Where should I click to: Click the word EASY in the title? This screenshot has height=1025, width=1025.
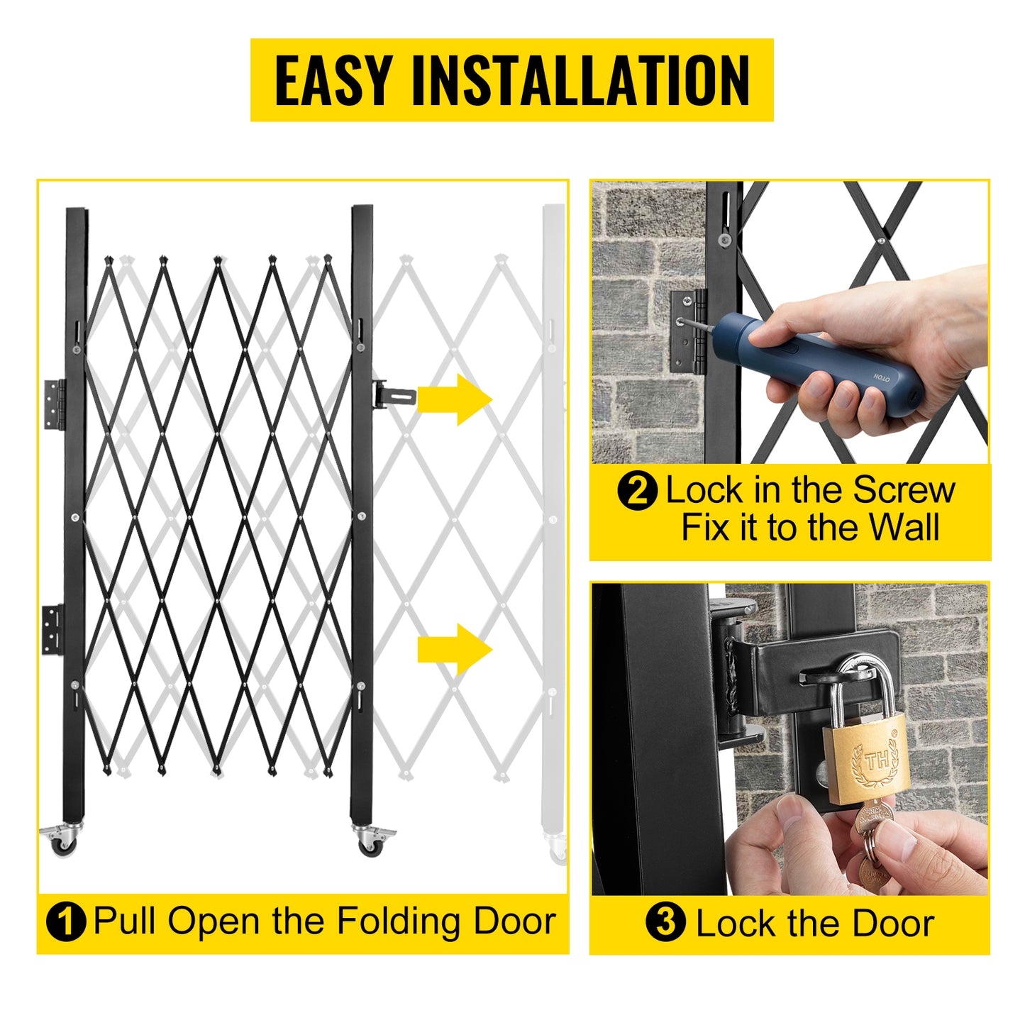pyautogui.click(x=333, y=80)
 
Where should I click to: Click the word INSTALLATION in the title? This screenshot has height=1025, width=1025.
pyautogui.click(x=581, y=80)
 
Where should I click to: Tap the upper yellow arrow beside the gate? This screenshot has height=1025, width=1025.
pyautogui.click(x=455, y=399)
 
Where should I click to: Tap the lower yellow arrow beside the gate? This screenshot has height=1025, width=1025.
pyautogui.click(x=455, y=649)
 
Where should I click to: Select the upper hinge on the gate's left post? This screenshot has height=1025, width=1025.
pyautogui.click(x=54, y=404)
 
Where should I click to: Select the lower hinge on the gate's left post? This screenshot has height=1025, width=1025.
pyautogui.click(x=52, y=629)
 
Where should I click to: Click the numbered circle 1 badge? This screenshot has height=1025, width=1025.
pyautogui.click(x=66, y=922)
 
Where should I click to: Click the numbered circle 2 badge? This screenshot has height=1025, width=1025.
pyautogui.click(x=637, y=491)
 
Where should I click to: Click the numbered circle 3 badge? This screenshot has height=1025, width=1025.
pyautogui.click(x=665, y=922)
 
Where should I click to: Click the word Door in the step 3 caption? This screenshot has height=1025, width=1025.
pyautogui.click(x=892, y=924)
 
